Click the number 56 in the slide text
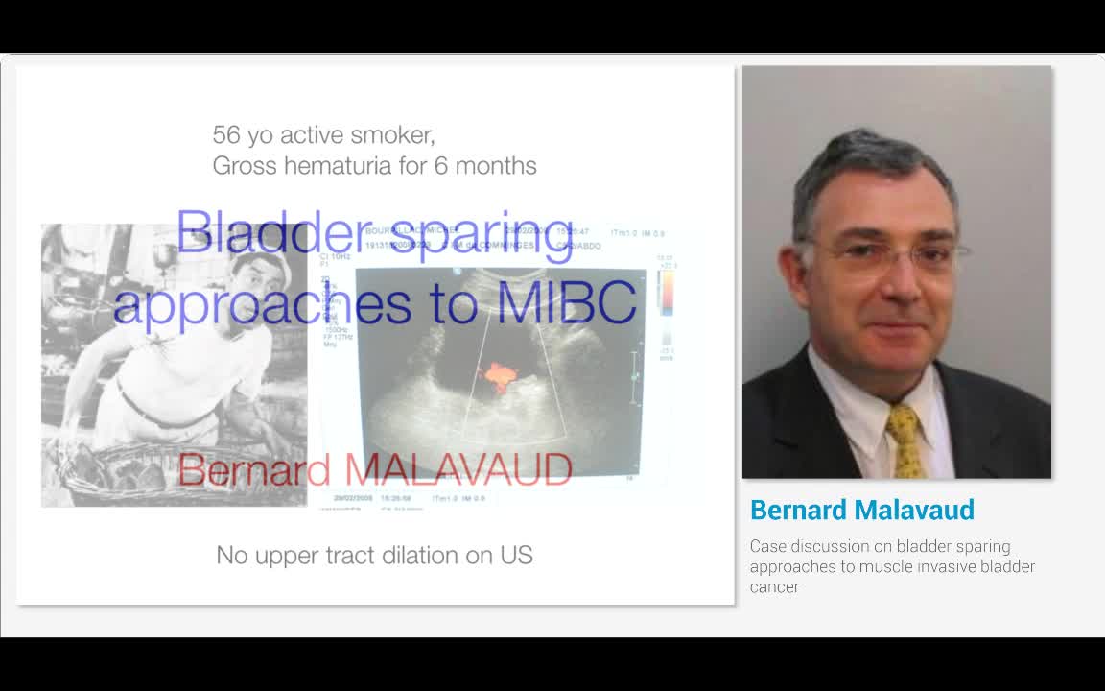[x=226, y=135]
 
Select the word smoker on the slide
[x=392, y=135]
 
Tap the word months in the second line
[x=495, y=166]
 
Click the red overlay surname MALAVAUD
[x=458, y=470]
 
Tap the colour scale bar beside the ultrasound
[x=666, y=293]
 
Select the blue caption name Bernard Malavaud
[x=861, y=510]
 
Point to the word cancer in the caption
[x=774, y=586]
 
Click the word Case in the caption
[x=767, y=546]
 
